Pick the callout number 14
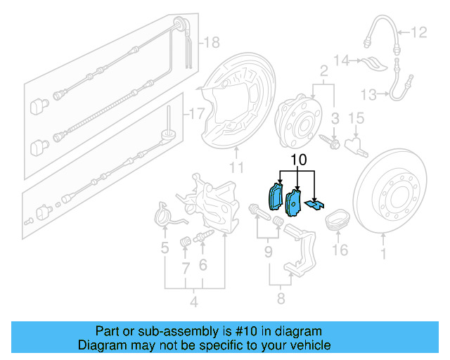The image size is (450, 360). (x=342, y=61)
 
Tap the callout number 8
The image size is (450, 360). (x=281, y=300)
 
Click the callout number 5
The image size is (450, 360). (x=165, y=247)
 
